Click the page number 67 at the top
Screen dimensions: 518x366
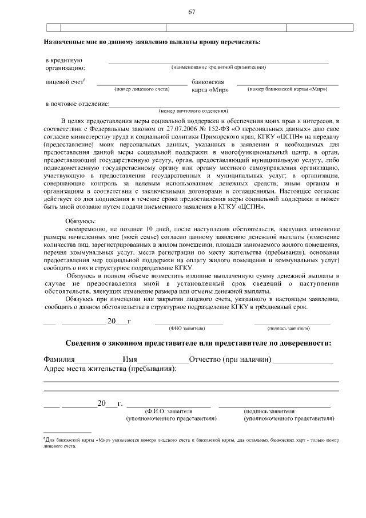tap(192, 11)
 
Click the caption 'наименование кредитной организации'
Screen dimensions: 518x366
tap(218, 68)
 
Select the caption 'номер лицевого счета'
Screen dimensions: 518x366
tap(142, 89)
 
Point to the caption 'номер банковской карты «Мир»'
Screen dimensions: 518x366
tap(288, 89)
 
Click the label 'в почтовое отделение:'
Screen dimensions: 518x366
tap(77, 104)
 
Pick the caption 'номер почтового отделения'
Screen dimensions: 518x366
tap(193, 110)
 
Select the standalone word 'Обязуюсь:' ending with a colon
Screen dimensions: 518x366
tap(81, 221)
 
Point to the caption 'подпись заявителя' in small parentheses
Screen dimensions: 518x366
tap(289, 329)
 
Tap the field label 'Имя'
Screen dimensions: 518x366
tap(130, 359)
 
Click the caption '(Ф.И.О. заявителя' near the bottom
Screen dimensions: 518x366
tap(169, 411)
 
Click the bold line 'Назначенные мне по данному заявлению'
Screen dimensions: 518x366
tap(152, 42)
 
